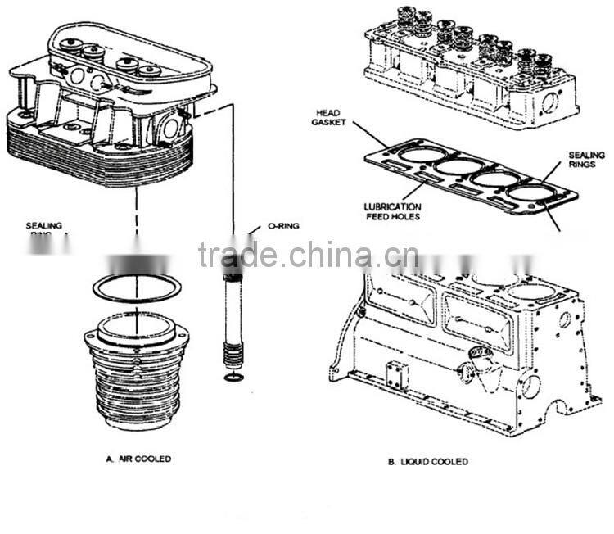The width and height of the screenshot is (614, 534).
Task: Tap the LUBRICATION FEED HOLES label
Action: pyautogui.click(x=393, y=211)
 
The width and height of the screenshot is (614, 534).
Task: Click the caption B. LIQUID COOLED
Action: pyautogui.click(x=427, y=462)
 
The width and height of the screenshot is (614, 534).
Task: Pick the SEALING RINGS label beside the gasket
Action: pyautogui.click(x=586, y=160)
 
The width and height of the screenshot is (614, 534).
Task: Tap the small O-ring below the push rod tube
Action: pyautogui.click(x=233, y=378)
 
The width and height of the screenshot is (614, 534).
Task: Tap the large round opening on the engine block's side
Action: pyautogui.click(x=530, y=385)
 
